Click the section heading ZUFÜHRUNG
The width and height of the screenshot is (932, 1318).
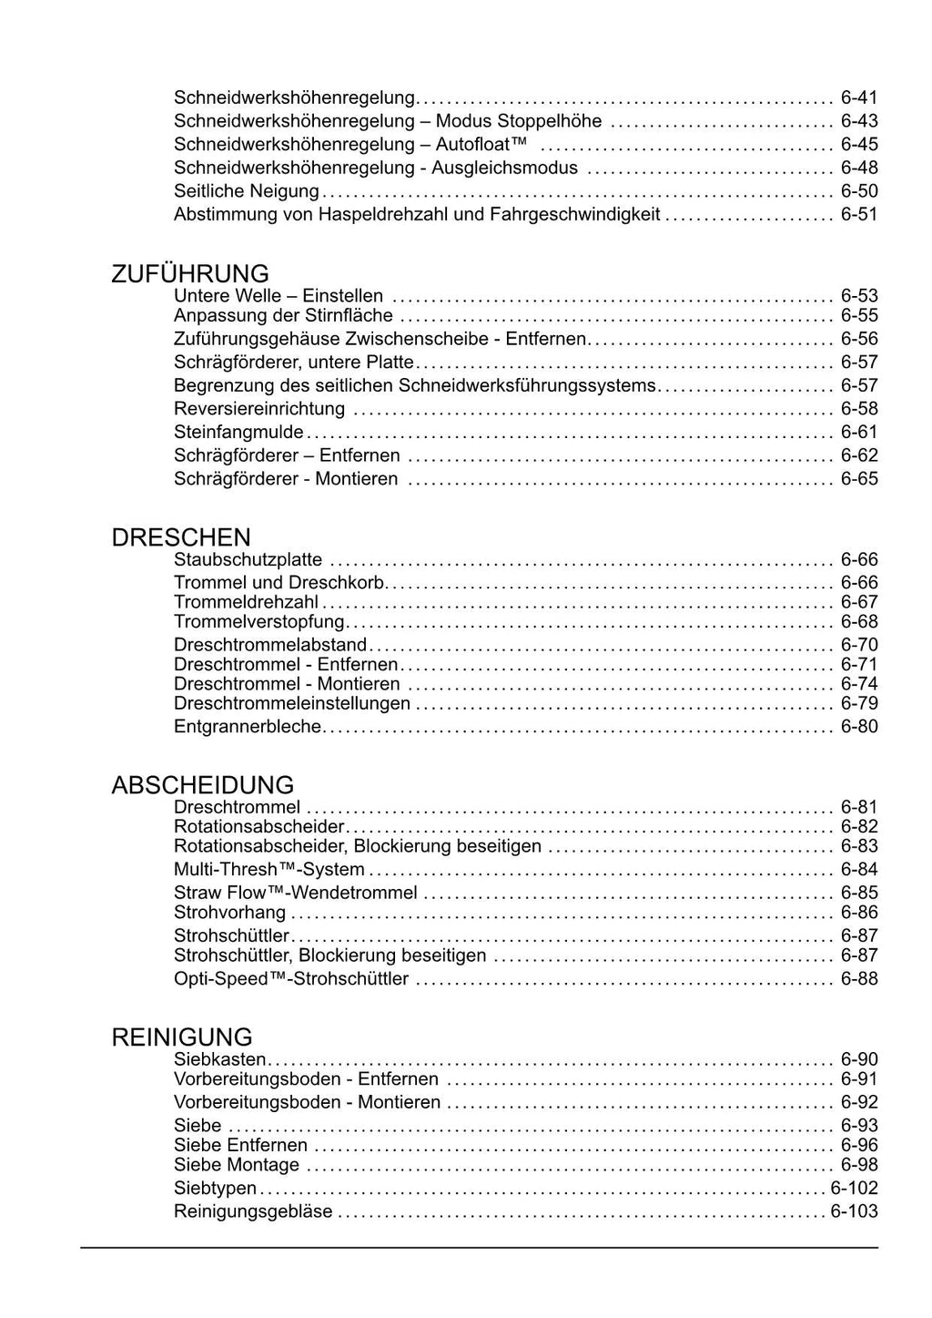click(190, 274)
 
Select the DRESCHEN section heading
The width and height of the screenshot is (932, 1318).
click(181, 537)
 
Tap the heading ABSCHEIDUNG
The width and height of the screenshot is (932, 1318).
click(202, 785)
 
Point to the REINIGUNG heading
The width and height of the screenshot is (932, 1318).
click(182, 1037)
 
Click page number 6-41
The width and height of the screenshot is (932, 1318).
click(859, 97)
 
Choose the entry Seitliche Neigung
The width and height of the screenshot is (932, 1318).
click(247, 191)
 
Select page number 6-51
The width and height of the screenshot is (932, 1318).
click(859, 215)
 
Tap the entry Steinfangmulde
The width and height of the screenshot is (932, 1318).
click(238, 433)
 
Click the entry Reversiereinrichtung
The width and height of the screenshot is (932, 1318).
click(259, 409)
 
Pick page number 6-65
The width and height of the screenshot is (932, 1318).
click(859, 479)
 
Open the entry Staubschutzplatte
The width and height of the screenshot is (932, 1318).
click(248, 560)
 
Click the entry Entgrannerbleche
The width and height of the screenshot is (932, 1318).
click(248, 727)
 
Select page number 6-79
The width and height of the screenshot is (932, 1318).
click(859, 704)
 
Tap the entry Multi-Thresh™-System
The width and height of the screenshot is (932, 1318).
click(269, 870)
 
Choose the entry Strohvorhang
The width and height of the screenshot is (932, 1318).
click(229, 913)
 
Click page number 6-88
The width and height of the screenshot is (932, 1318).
click(859, 979)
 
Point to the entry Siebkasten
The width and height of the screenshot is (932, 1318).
click(219, 1059)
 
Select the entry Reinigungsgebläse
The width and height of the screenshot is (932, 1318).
click(253, 1212)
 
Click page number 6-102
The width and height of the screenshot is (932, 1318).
click(855, 1189)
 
